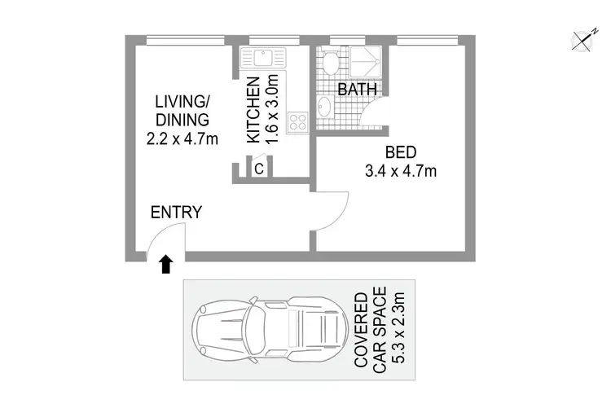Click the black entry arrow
point(166,263)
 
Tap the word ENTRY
point(176,213)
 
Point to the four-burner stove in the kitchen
point(297,122)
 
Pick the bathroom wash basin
point(324,106)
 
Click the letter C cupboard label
point(257,169)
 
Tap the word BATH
point(358,89)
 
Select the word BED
point(400,152)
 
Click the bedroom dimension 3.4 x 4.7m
point(400,171)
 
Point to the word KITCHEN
point(253,110)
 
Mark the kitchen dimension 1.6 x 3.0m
point(273,110)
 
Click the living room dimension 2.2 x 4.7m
point(182,139)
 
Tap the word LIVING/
point(182,102)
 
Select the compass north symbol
point(582,40)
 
